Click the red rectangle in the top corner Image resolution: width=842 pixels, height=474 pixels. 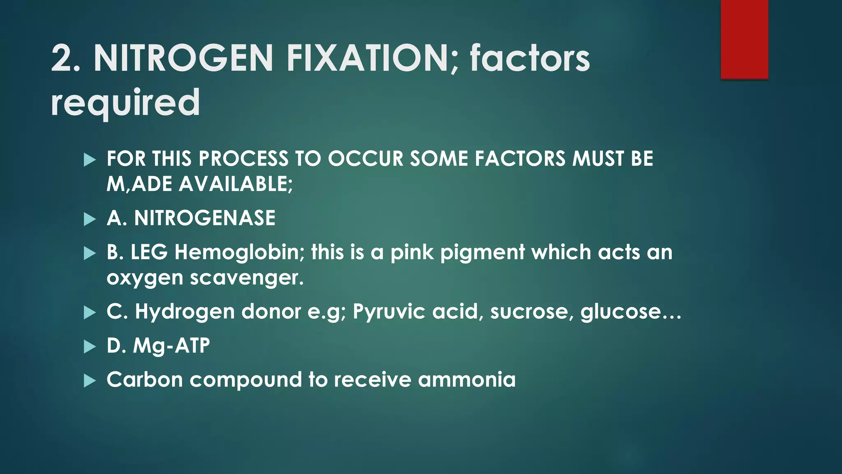point(744,39)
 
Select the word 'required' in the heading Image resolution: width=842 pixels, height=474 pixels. point(125,103)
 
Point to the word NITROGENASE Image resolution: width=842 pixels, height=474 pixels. point(205,218)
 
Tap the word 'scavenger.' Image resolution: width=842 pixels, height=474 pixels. point(247,278)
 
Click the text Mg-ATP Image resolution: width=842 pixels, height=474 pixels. point(171,346)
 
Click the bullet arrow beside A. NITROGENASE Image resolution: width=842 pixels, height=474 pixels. point(89,219)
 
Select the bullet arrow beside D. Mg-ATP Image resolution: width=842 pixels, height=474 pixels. point(89,346)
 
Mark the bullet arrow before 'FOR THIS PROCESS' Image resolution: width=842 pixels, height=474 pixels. point(89,160)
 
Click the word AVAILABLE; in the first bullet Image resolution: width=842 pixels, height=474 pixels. point(236,184)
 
